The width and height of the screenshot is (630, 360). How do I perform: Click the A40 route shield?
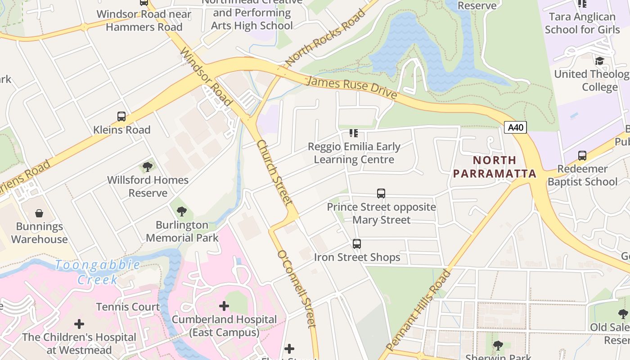(515, 127)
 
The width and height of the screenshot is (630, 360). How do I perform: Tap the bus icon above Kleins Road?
(121, 117)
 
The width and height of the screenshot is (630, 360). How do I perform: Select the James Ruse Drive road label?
(351, 88)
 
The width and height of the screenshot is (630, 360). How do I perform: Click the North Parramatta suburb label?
(495, 167)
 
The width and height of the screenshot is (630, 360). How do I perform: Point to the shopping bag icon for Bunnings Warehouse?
(39, 213)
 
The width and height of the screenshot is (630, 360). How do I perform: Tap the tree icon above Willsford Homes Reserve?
(147, 167)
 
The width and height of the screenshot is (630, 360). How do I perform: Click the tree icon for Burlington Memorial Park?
(182, 211)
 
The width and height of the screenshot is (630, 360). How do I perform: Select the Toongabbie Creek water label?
(98, 272)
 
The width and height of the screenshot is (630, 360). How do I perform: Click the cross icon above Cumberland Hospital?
(224, 306)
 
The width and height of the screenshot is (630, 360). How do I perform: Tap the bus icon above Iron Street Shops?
(357, 244)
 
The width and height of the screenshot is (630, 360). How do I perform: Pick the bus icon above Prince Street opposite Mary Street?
(381, 193)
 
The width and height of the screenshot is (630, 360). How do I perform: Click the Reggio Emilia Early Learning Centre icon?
(354, 133)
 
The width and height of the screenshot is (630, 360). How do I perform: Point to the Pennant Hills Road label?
(418, 310)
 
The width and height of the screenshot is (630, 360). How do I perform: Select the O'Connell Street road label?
(297, 288)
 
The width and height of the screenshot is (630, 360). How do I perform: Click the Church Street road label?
(274, 173)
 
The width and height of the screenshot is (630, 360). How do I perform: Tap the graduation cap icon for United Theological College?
(599, 61)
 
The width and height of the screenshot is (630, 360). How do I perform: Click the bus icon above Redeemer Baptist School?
(582, 156)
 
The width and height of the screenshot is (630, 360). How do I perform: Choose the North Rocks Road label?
(325, 37)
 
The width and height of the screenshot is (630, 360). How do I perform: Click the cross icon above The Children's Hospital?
(79, 324)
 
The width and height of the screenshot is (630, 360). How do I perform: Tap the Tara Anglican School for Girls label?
(582, 23)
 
